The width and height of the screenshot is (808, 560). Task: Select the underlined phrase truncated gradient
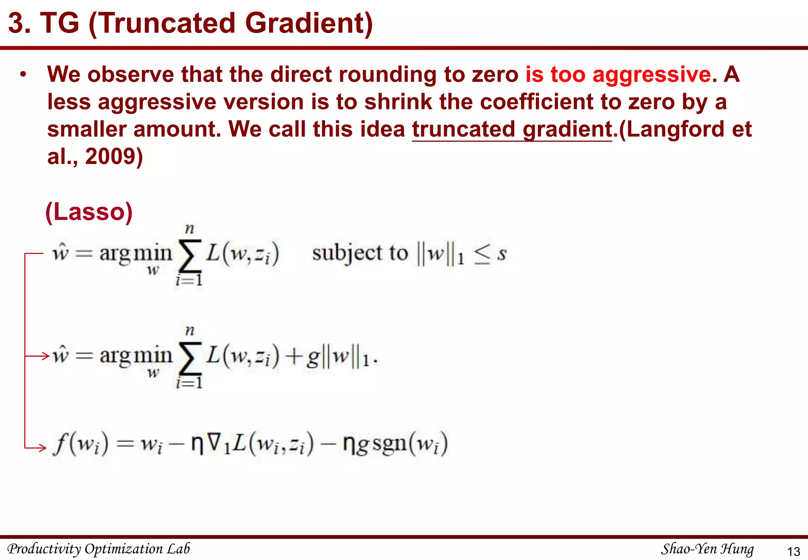point(512,129)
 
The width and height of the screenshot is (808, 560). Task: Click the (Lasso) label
point(89,212)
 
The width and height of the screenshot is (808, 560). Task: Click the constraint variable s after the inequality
point(501,254)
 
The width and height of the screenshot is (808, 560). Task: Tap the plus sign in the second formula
point(293,357)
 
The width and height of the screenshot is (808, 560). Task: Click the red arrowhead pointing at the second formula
point(45,356)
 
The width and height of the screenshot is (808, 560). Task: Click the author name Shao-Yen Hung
point(707,549)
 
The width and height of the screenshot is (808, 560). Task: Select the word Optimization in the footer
point(123,549)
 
